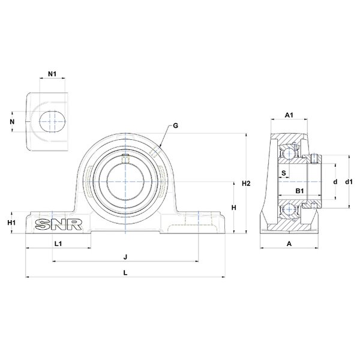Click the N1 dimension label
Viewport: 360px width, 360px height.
click(x=52, y=74)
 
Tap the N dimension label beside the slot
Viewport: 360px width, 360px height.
click(x=12, y=121)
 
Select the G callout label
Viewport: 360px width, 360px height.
click(x=175, y=126)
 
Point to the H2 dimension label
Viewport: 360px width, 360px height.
click(x=246, y=184)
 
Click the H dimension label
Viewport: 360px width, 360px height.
click(x=234, y=208)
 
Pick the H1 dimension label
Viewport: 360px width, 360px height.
click(x=11, y=223)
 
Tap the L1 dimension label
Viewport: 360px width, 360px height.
click(x=58, y=244)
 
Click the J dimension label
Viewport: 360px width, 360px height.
click(x=125, y=257)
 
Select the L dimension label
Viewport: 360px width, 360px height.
click(x=125, y=273)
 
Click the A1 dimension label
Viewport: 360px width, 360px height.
click(x=289, y=115)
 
